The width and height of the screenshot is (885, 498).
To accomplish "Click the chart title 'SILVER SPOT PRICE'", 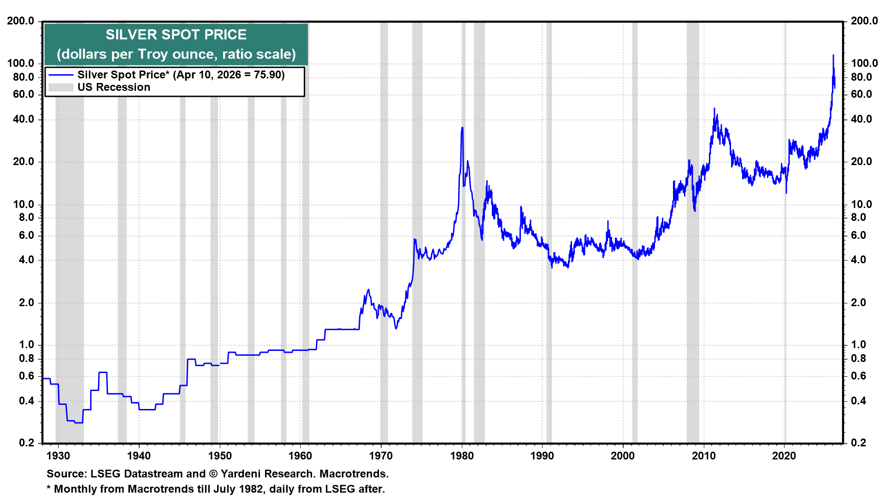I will pyautogui.click(x=176, y=35).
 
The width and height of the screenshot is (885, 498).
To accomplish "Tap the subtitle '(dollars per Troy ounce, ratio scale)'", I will pyautogui.click(x=176, y=54).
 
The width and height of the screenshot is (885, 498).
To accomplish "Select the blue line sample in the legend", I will pyautogui.click(x=61, y=75).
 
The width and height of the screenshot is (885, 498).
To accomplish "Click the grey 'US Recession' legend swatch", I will pyautogui.click(x=61, y=87).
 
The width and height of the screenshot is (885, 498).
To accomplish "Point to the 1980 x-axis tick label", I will pyautogui.click(x=461, y=456).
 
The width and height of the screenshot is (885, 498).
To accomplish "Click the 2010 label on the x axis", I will pyautogui.click(x=704, y=456).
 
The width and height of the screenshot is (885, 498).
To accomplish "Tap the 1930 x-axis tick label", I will pyautogui.click(x=58, y=456).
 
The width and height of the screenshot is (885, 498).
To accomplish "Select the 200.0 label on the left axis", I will pyautogui.click(x=21, y=21).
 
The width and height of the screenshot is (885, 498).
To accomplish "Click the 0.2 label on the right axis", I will pyautogui.click(x=858, y=443).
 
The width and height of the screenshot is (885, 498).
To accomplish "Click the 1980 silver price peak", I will pyautogui.click(x=462, y=128).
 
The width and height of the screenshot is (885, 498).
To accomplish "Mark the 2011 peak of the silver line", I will pyautogui.click(x=714, y=109).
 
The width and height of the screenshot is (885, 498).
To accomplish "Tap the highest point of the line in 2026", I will pyautogui.click(x=833, y=55).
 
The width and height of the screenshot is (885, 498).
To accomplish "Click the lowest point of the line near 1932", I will pyautogui.click(x=79, y=422).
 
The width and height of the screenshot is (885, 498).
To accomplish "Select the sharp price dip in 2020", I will pyautogui.click(x=786, y=192).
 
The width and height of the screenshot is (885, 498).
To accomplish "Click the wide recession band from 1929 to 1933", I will pyautogui.click(x=70, y=231).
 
